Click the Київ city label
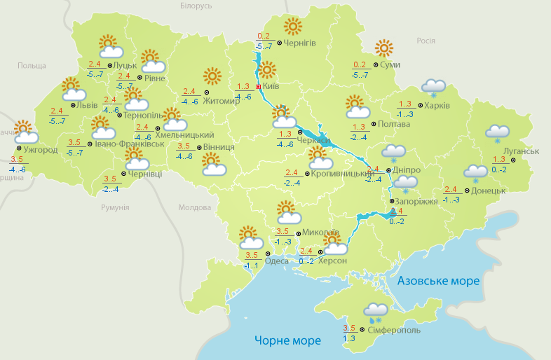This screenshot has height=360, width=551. click(x=271, y=86)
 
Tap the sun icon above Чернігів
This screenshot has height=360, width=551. click(x=292, y=27)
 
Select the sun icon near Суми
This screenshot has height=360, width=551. click(x=383, y=48)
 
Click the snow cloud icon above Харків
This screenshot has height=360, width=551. click(x=433, y=88)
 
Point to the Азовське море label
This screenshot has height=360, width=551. click(x=438, y=281)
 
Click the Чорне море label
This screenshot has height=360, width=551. click(x=287, y=340)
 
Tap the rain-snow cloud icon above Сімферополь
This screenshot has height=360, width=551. click(x=376, y=312)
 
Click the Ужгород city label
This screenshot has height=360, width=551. click(x=41, y=150)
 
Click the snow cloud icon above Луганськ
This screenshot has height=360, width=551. click(x=497, y=133)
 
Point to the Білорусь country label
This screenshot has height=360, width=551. click(x=195, y=6)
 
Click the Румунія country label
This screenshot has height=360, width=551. click(x=115, y=208)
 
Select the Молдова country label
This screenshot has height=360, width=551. click(x=194, y=208)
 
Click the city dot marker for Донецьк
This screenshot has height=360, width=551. click(x=467, y=189)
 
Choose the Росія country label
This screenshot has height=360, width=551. click(x=426, y=41)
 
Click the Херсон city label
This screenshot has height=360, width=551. click(x=332, y=261)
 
